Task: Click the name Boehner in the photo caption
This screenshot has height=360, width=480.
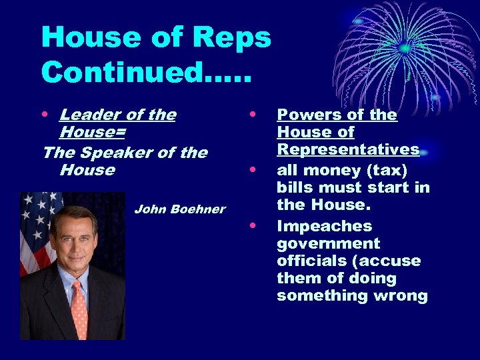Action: (x=197, y=209)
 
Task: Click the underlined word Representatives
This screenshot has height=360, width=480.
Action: (x=348, y=149)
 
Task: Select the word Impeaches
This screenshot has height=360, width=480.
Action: (x=324, y=226)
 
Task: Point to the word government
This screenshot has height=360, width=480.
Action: (x=328, y=243)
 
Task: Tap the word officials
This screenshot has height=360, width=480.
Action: (x=309, y=261)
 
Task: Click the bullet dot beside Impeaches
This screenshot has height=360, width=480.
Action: (x=253, y=226)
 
